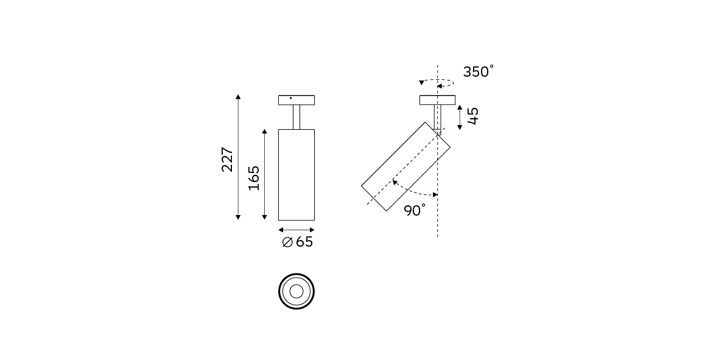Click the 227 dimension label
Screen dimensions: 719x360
228,160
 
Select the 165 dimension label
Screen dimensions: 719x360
254,178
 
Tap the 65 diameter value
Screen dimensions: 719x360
304,242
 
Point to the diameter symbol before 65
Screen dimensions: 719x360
287,242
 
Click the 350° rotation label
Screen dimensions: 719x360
479,71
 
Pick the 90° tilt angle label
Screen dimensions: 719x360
415,211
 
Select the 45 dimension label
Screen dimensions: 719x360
473,116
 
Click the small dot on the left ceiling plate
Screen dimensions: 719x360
291,98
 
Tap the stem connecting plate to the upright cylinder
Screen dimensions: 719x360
296,117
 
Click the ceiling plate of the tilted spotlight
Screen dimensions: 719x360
438,100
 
